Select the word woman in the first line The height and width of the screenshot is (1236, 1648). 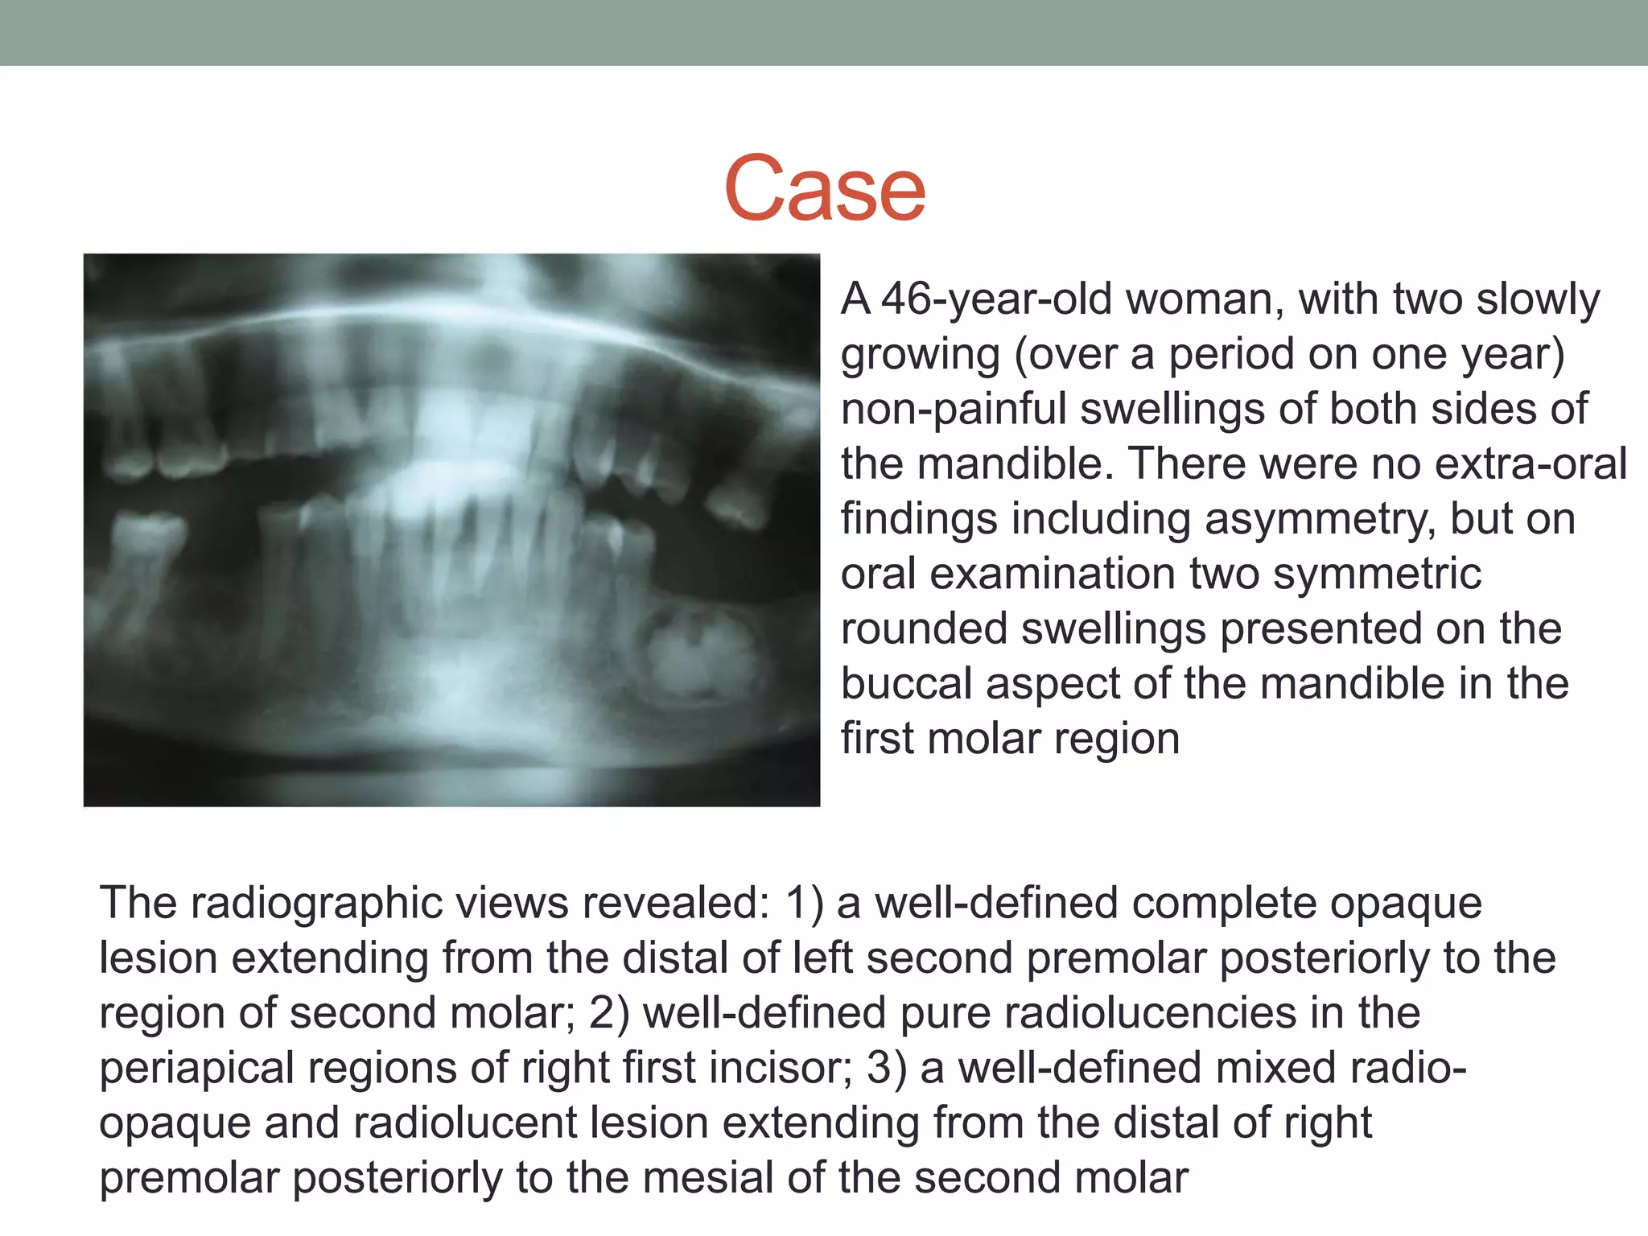click(1198, 299)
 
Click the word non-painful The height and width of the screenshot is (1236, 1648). click(954, 409)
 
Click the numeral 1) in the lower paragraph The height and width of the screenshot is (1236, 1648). click(805, 903)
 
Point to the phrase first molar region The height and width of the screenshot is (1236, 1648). click(1010, 739)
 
